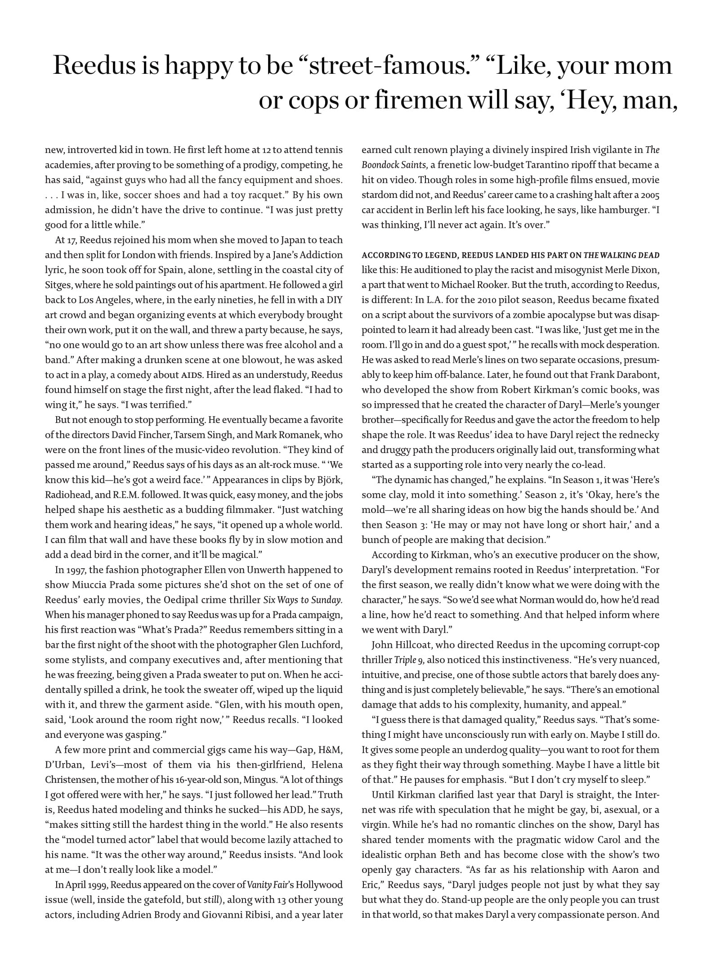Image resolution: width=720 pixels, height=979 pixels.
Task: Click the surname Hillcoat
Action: point(411,645)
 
